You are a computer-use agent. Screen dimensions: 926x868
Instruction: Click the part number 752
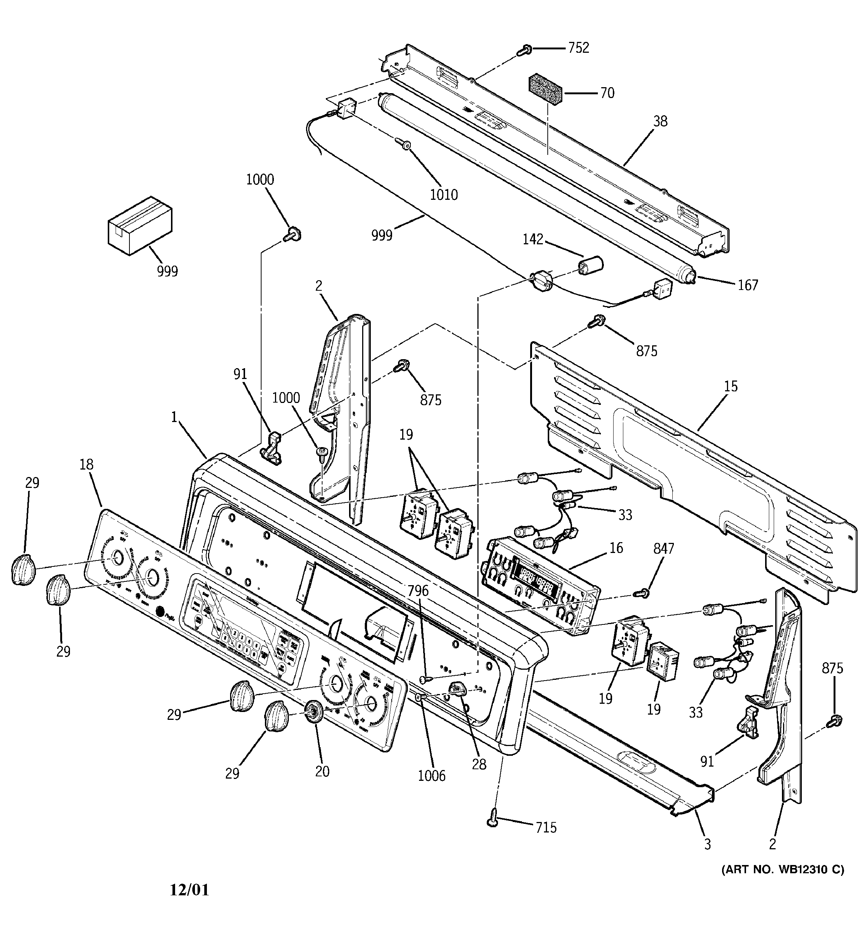(578, 48)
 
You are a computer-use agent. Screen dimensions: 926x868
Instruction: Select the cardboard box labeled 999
(139, 225)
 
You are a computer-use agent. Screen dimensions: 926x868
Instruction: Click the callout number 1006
(431, 776)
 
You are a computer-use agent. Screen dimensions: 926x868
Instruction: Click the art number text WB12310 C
(783, 869)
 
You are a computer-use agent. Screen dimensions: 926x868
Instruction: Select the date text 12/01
(189, 890)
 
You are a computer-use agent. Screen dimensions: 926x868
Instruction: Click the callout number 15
(731, 386)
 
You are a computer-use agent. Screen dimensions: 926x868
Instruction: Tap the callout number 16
(616, 548)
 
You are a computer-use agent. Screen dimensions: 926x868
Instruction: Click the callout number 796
(418, 591)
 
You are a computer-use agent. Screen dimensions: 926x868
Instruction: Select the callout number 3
(707, 844)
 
